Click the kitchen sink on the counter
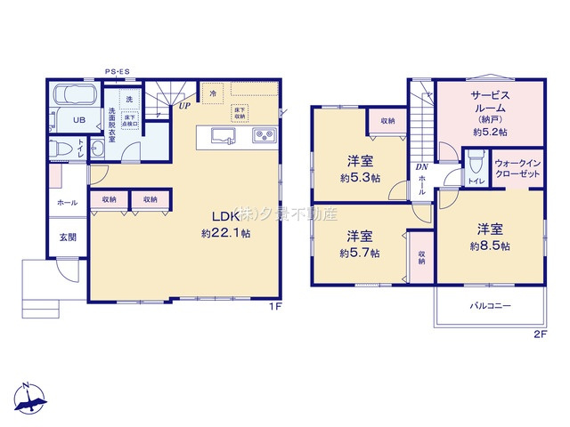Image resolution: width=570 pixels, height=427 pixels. pos(224,136)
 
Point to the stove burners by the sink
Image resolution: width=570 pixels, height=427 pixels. pos(265,136)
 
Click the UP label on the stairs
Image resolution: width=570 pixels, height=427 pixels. pos(184,107)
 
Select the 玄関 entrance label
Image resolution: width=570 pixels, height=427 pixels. pos(69,237)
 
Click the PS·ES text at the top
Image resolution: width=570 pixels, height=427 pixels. pos(118,71)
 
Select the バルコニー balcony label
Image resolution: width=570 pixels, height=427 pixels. pos(490,306)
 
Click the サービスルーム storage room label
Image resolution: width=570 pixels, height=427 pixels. pos(489,104)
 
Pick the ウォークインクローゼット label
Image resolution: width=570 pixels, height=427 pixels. pos(517,168)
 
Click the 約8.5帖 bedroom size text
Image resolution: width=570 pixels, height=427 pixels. pos(491,246)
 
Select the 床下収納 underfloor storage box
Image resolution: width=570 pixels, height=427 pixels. pos(240,113)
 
